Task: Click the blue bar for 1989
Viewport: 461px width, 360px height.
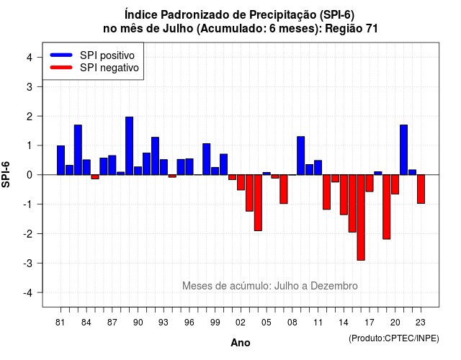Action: tap(130, 145)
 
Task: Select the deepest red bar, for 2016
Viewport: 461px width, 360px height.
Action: tap(361, 217)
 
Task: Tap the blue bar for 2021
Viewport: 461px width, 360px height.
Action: tap(403, 150)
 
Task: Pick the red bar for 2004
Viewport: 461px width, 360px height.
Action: tap(258, 203)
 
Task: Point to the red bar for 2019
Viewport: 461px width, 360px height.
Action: tap(387, 207)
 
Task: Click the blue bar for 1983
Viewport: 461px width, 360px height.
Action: tap(78, 150)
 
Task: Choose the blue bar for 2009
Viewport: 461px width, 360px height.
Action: tap(301, 156)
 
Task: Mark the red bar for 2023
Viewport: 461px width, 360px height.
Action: tap(421, 189)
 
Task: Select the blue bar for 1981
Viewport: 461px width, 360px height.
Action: tap(61, 160)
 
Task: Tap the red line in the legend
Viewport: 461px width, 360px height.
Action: tap(61, 68)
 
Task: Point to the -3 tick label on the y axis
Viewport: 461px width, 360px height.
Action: tap(28, 263)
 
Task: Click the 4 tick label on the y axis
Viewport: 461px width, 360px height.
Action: tap(30, 58)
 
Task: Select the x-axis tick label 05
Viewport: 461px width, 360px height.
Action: tap(267, 323)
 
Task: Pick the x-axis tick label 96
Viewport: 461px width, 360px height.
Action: tap(189, 323)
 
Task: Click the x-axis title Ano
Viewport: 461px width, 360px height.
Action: tap(241, 343)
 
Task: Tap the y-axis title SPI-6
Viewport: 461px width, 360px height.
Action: tap(6, 174)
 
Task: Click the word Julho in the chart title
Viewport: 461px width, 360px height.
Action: tap(178, 29)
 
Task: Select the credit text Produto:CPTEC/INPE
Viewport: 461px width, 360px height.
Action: tap(394, 338)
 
